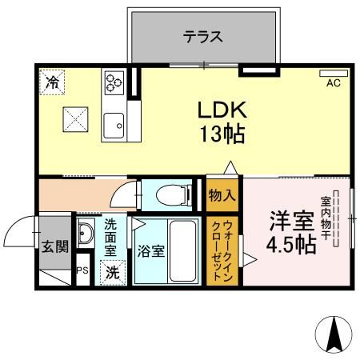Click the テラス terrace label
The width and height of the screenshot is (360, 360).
tap(202, 37)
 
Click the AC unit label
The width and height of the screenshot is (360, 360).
tap(334, 82)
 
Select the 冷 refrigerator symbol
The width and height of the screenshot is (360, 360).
tap(52, 81)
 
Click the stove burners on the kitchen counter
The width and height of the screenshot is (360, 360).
tap(112, 82)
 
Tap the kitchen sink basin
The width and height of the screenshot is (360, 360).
tap(114, 125)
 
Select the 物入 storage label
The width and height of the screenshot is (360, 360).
tap(222, 195)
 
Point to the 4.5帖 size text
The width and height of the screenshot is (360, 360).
tap(290, 243)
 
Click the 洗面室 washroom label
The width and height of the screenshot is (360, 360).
tap(110, 237)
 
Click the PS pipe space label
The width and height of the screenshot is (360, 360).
tap(81, 270)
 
